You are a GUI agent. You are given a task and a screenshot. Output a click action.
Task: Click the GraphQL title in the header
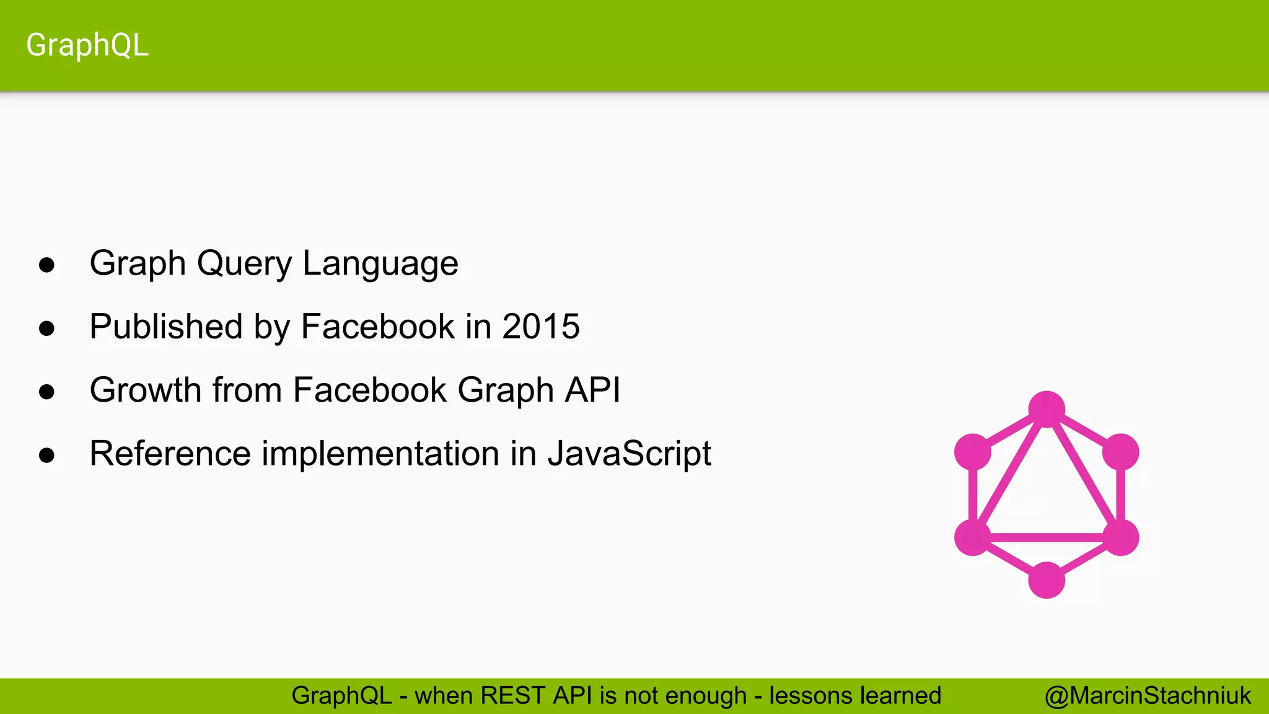(x=87, y=45)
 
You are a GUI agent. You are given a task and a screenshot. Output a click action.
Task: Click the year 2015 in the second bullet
(x=540, y=326)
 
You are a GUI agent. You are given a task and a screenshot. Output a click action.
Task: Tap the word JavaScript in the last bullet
(x=629, y=453)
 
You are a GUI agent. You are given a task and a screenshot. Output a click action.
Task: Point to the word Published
(x=165, y=326)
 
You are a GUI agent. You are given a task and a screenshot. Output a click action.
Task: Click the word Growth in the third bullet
(x=146, y=390)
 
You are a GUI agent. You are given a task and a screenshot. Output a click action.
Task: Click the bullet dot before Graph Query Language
(x=46, y=265)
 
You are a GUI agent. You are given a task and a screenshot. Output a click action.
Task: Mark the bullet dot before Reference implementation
(x=46, y=456)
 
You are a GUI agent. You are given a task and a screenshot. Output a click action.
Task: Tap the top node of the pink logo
(x=1047, y=409)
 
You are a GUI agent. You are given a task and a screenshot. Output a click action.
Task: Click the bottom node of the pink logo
(x=1047, y=580)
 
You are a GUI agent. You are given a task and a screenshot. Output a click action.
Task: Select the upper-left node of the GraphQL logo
(x=973, y=452)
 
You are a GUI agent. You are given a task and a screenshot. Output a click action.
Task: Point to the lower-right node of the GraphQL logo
(x=1120, y=537)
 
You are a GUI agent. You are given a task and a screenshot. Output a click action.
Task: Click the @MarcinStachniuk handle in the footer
(x=1148, y=695)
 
